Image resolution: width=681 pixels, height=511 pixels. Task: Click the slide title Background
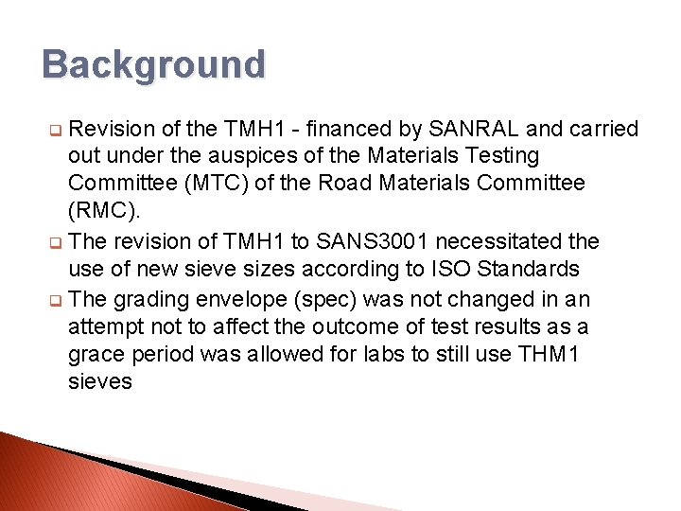[x=154, y=65]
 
